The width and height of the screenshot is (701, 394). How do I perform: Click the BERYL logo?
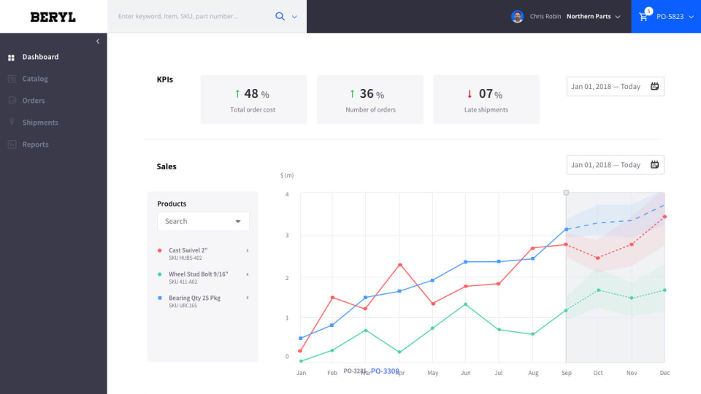[x=53, y=17]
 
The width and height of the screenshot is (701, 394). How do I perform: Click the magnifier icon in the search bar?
[x=280, y=16]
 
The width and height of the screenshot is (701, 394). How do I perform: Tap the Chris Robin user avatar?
[x=517, y=16]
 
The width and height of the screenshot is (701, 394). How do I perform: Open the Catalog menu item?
[x=34, y=79]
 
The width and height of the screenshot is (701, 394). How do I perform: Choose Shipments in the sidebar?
[x=39, y=123]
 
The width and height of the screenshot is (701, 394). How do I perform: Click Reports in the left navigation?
[x=35, y=144]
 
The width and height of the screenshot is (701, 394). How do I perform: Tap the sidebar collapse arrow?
[x=98, y=42]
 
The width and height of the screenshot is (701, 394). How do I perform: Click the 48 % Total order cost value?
[x=253, y=93]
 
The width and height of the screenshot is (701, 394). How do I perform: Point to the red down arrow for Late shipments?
[x=470, y=93]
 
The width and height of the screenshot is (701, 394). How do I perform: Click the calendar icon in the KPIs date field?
[x=654, y=86]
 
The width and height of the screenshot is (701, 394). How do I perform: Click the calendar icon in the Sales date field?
[x=654, y=165]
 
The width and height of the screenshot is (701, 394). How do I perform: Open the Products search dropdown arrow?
[x=238, y=222]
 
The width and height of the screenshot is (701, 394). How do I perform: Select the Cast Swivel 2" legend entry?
[x=188, y=250]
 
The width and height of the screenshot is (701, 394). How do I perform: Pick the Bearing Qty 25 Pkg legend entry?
[x=194, y=298]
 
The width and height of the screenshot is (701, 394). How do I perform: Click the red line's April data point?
[x=400, y=264]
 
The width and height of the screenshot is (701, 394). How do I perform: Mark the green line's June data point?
[x=466, y=304]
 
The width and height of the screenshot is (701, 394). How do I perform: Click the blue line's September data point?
[x=566, y=229]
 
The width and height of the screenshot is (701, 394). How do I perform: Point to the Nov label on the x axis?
[x=631, y=373]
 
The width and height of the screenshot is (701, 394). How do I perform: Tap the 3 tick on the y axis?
[x=287, y=236]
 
